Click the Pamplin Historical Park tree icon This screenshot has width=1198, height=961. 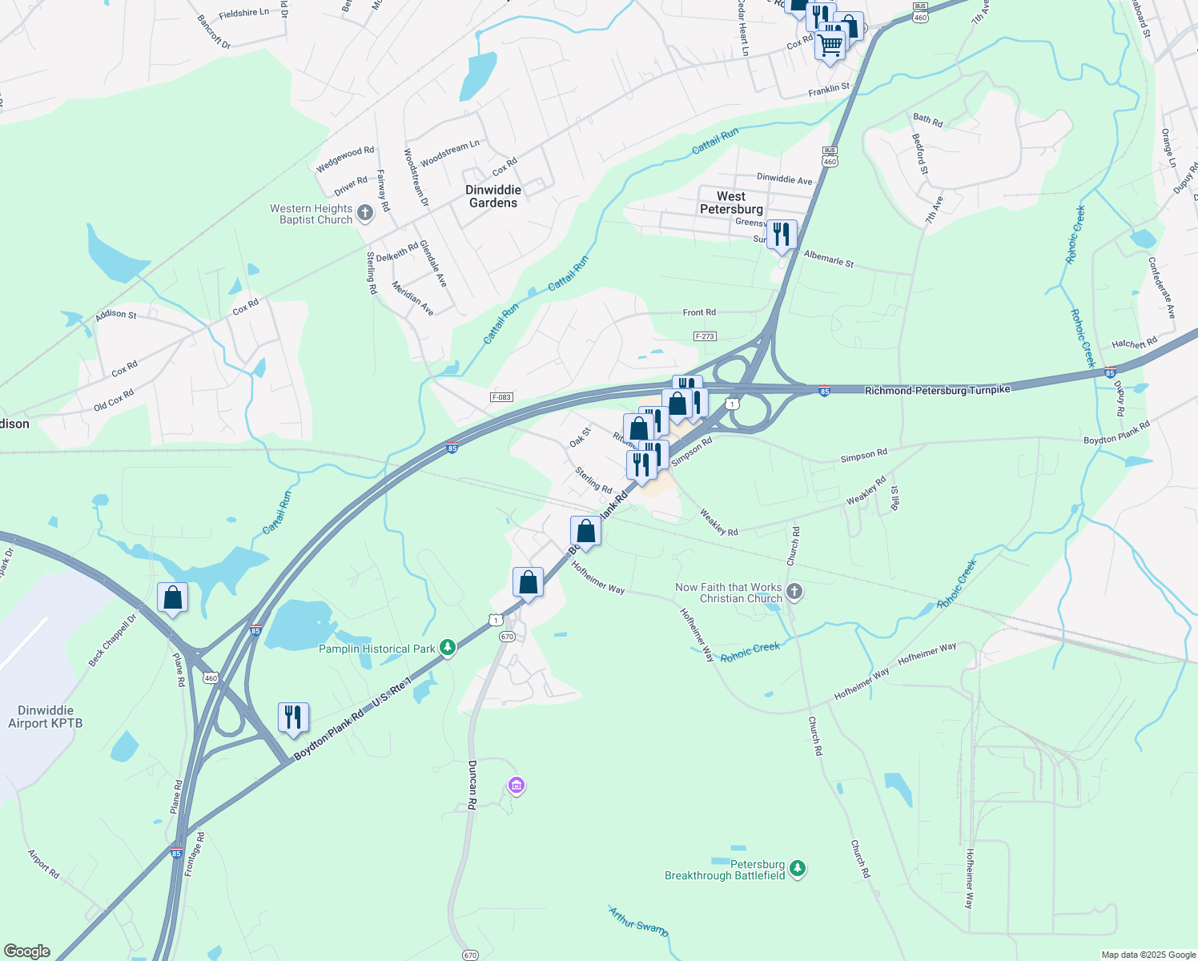coord(448,649)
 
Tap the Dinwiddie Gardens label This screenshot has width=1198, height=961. coord(493,196)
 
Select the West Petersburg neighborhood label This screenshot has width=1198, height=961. coord(731,203)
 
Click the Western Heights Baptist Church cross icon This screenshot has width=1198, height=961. coord(365,213)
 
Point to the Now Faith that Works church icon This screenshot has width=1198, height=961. coord(794,593)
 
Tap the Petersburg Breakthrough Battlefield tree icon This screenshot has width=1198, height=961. coord(797,869)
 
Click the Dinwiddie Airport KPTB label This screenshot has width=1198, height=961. coord(45,717)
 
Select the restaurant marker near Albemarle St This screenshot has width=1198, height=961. coord(782,235)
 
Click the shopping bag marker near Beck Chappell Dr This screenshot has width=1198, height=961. coord(173,598)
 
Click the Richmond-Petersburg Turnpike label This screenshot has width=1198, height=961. coord(937,389)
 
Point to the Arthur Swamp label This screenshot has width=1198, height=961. coord(638,922)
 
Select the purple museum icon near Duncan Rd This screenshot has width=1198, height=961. coord(517,786)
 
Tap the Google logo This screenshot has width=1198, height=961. coord(27,951)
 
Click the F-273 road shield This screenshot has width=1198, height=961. coord(705,336)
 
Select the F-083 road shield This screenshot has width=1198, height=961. coord(501,397)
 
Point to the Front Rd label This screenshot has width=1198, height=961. coord(699,312)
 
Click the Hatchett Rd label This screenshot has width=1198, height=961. coord(1134,344)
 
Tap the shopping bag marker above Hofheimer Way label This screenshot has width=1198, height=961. coord(585,533)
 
